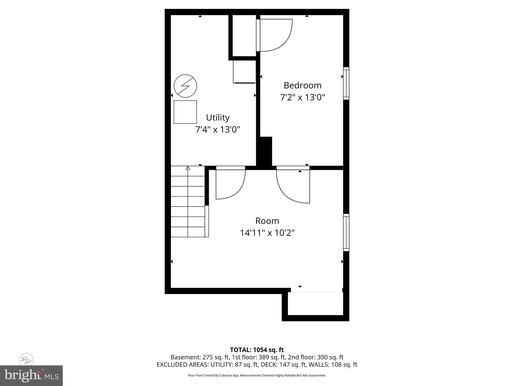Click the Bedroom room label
[302, 85]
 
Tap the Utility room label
[218, 118]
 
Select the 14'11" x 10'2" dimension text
[267, 233]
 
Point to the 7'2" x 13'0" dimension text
[302, 97]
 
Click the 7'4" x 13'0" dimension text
[218, 130]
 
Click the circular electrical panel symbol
[185, 86]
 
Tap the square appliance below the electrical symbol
[185, 112]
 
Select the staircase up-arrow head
[188, 168]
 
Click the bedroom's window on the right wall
[346, 83]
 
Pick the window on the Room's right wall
[346, 232]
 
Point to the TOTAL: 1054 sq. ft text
[257, 350]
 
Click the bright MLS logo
[31, 376]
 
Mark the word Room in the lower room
[267, 221]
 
